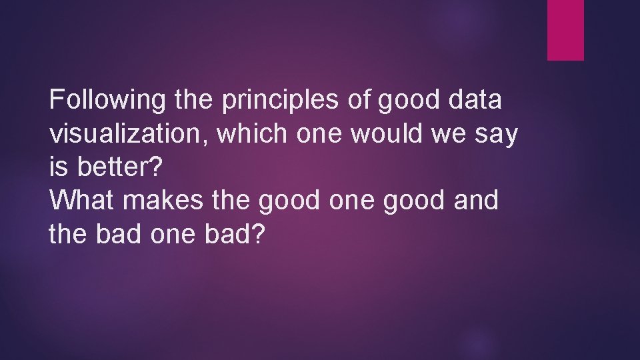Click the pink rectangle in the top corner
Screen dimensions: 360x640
pos(565,30)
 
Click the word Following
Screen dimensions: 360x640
pos(108,101)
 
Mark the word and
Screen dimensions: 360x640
pos(475,200)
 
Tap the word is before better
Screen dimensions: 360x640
pos(59,167)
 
